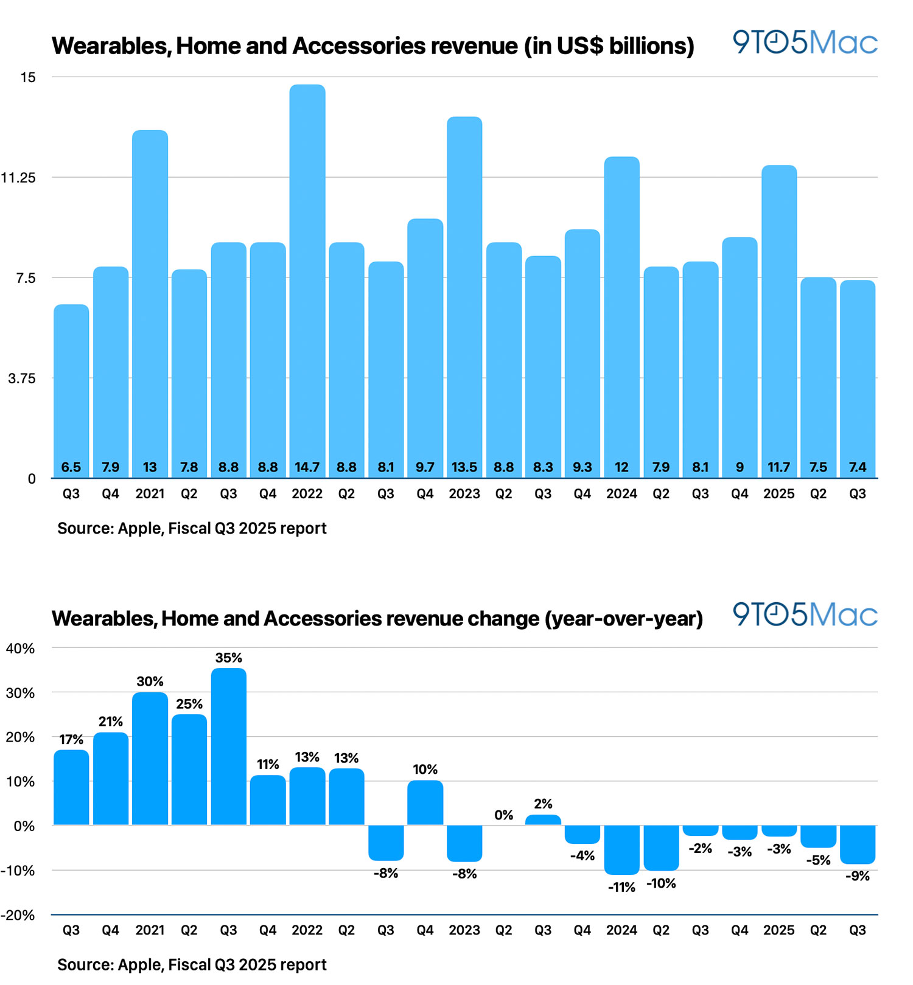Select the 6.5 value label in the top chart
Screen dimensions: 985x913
pyautogui.click(x=71, y=467)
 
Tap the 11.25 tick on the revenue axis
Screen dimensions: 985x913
pyautogui.click(x=19, y=178)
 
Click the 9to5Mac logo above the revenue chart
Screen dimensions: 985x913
pyautogui.click(x=804, y=43)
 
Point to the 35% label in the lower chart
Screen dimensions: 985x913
pyautogui.click(x=228, y=658)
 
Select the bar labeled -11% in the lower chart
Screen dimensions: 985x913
pyautogui.click(x=621, y=849)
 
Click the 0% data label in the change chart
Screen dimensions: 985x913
pyautogui.click(x=503, y=815)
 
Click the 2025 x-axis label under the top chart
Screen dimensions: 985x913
pyautogui.click(x=778, y=494)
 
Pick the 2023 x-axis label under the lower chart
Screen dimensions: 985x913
pyautogui.click(x=464, y=930)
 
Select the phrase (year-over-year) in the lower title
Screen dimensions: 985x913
pyautogui.click(x=623, y=619)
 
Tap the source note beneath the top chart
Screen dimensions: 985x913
pyautogui.click(x=192, y=528)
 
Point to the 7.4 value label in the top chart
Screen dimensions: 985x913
pyautogui.click(x=857, y=467)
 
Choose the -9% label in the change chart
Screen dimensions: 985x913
pyautogui.click(x=857, y=876)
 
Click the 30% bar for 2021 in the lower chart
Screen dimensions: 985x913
pyautogui.click(x=150, y=758)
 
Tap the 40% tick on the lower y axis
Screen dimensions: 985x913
pyautogui.click(x=20, y=649)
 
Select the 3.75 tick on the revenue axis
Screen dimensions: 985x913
pyautogui.click(x=22, y=378)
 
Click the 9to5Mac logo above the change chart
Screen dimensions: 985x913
pyautogui.click(x=804, y=614)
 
